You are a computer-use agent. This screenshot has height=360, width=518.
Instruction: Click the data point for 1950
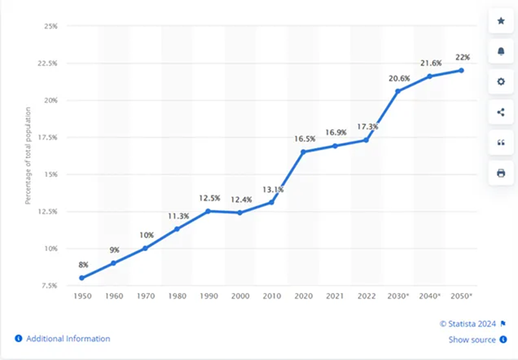pos(82,278)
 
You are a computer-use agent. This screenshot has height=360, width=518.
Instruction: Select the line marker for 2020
pos(303,152)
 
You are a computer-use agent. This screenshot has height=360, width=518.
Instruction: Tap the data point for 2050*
pos(461,70)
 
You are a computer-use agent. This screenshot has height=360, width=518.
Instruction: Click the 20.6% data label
pos(399,79)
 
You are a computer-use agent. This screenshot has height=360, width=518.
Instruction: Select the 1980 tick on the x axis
pos(177,296)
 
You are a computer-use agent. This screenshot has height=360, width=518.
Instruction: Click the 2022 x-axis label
pos(367,296)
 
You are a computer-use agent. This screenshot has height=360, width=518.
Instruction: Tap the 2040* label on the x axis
pos(430,296)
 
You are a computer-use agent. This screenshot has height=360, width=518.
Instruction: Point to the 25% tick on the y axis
pos(50,26)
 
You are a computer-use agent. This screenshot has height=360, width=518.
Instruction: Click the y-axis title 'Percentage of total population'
pos(28,155)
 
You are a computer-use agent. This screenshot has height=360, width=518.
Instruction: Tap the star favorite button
pos(501,21)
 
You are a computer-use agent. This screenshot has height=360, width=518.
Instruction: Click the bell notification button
pos(501,51)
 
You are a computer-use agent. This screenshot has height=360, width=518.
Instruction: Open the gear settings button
pos(501,82)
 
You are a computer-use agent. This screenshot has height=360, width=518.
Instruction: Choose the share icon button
pos(501,112)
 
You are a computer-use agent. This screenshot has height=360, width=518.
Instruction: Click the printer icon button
pos(501,173)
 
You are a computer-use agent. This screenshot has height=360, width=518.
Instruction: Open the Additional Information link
pos(68,339)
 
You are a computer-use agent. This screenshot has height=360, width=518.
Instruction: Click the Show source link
pos(472,340)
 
